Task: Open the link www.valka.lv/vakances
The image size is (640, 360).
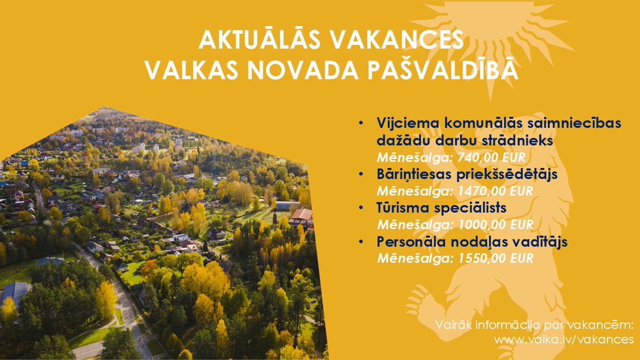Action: (x=564, y=339)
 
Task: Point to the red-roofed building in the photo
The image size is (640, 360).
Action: (x=301, y=215)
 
